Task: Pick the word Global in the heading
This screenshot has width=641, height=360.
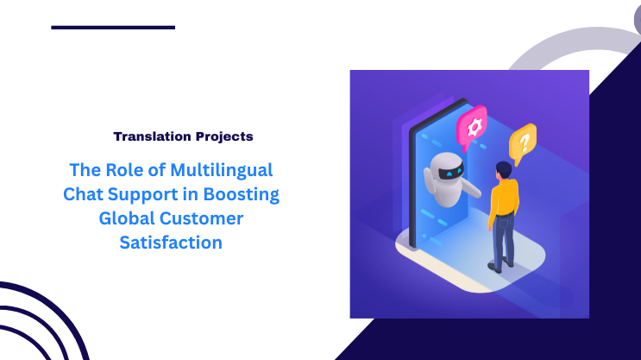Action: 126,218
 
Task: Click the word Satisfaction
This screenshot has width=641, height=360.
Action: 170,243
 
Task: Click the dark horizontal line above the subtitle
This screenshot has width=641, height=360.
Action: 113,28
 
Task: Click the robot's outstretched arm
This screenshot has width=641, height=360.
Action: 471,184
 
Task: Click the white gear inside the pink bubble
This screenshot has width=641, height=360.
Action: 473,127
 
